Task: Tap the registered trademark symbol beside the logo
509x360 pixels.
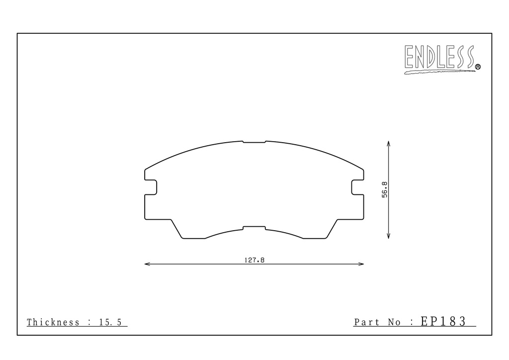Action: click(478, 67)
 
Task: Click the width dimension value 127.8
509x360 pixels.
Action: click(254, 260)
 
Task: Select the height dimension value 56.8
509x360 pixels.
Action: click(384, 189)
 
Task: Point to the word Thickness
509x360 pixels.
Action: click(53, 322)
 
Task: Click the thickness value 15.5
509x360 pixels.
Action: click(110, 322)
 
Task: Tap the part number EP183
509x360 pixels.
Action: click(443, 321)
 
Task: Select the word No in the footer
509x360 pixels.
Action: click(394, 322)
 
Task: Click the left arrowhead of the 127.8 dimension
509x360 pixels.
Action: click(147, 264)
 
